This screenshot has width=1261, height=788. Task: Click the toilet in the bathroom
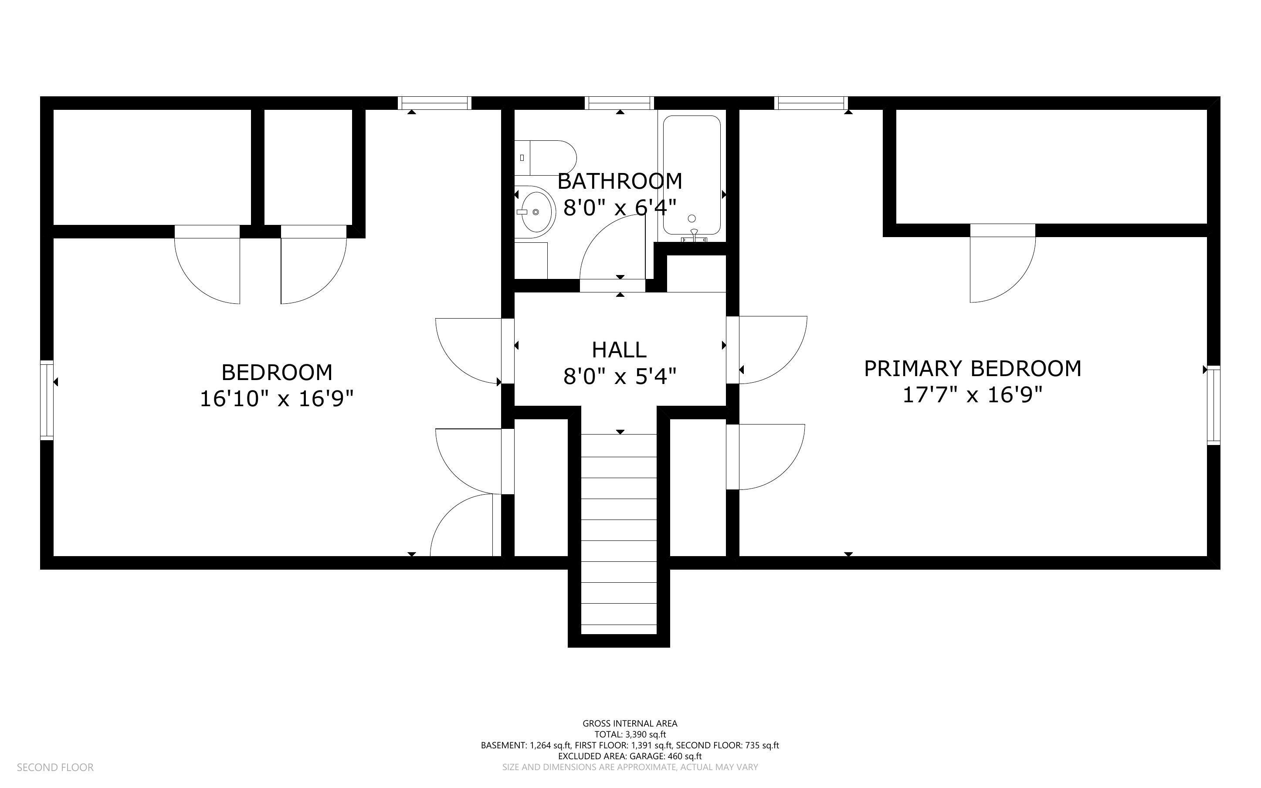(x=546, y=158)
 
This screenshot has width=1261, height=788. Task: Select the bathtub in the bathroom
(x=692, y=175)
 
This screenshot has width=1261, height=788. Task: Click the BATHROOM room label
(x=620, y=181)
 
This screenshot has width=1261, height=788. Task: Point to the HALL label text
(x=619, y=350)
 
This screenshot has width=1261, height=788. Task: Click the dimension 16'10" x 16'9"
(x=277, y=399)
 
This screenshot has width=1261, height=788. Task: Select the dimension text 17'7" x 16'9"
(x=973, y=395)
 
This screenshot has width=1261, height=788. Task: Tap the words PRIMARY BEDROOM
(x=973, y=368)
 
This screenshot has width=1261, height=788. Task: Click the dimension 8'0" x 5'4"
(x=620, y=376)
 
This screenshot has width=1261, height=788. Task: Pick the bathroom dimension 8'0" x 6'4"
(x=620, y=208)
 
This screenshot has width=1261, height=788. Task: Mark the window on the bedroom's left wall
(x=47, y=400)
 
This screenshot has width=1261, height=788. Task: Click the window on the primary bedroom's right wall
(x=1214, y=405)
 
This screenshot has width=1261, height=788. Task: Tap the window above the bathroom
(x=619, y=103)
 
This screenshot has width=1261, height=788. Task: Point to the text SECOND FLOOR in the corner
(x=55, y=767)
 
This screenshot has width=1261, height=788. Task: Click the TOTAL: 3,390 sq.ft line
(x=630, y=734)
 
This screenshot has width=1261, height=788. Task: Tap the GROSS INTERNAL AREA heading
(x=630, y=723)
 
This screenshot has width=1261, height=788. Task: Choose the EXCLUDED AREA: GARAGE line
(x=630, y=756)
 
